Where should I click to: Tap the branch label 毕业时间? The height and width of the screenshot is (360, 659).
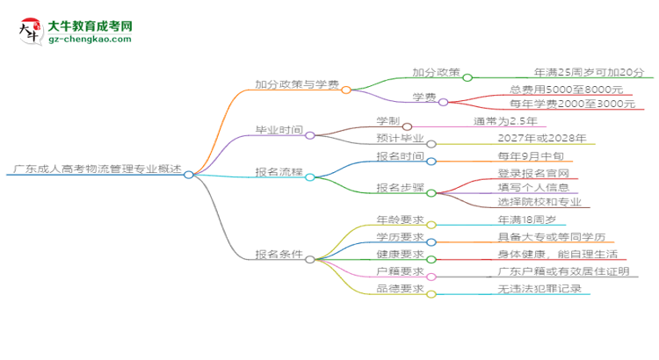[278, 131]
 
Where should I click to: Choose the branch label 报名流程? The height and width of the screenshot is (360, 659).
[278, 172]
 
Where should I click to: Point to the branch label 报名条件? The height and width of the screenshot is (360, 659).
[278, 255]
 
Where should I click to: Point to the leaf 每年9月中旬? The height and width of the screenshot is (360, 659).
[525, 156]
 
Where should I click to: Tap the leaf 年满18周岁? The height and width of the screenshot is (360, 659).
[525, 220]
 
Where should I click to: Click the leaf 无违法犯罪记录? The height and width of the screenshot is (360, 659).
[538, 288]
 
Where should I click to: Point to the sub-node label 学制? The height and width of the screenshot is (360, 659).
[388, 120]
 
